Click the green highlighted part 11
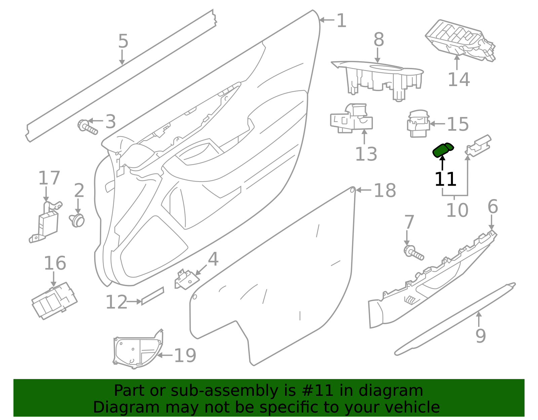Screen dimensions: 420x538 click(442, 150)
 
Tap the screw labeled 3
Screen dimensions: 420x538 click(87, 127)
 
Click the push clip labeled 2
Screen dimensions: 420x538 click(78, 220)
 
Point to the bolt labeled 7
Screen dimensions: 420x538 click(413, 253)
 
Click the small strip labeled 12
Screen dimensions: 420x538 click(153, 296)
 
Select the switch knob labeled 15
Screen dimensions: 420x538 click(418, 124)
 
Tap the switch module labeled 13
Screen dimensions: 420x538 click(352, 119)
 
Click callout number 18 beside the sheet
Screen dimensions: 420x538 click(385, 191)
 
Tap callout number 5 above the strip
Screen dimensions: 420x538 click(123, 41)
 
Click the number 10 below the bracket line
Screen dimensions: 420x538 click(457, 211)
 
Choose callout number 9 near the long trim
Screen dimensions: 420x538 click(481, 335)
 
